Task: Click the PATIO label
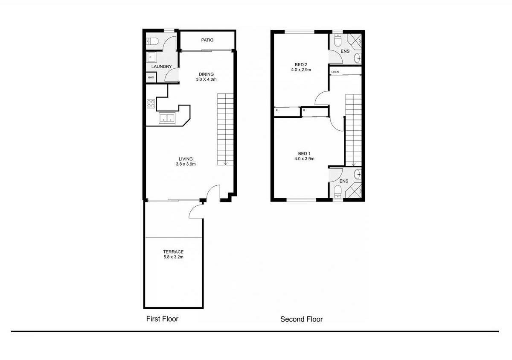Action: pos(207,40)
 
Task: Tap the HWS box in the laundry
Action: pos(151,77)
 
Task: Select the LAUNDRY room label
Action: pos(161,67)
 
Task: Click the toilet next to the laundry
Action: pos(152,41)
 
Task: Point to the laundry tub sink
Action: pos(151,57)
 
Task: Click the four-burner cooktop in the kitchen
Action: pos(151,103)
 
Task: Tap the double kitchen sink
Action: pos(167,118)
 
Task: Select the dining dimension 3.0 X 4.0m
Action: pos(206,79)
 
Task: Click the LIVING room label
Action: pos(186,159)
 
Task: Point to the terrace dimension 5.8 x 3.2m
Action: pos(173,257)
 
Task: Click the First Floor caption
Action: pos(162,319)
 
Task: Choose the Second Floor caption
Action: pos(302,319)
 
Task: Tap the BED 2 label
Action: pos(301,64)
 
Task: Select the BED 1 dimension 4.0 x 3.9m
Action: pos(304,159)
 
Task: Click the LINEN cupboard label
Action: pos(335,72)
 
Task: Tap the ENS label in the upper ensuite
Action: pos(345,51)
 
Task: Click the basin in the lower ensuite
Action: pos(358,175)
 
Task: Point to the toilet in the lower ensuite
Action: pos(337,191)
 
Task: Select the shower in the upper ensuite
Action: pos(355,41)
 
